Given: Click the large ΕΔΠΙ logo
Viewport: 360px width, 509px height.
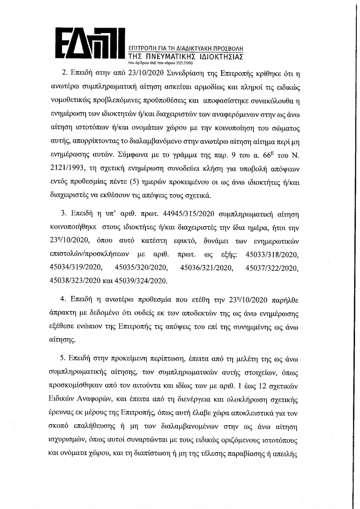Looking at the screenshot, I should click(x=90, y=44).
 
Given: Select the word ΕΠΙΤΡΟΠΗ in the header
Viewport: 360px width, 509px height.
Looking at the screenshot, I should click(x=144, y=48).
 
